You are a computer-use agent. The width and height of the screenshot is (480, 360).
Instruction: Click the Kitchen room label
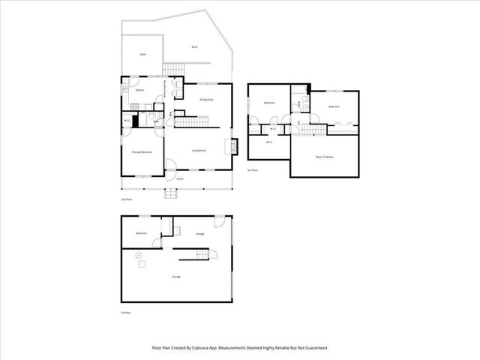[x=139, y=91]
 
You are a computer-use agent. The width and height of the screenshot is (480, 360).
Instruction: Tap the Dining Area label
[x=206, y=99]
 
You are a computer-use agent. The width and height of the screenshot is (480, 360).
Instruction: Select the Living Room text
[x=199, y=151]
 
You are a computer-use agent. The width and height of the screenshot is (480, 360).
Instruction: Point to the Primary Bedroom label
[x=142, y=152]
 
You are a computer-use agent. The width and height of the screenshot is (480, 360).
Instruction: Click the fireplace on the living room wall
[x=233, y=146]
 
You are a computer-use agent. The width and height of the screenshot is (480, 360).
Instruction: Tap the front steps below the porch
[x=172, y=194]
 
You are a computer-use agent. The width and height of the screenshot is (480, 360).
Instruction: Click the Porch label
[x=180, y=179]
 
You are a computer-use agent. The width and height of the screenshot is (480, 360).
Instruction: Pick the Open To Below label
[x=324, y=157]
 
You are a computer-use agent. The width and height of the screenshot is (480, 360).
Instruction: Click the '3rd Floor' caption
[x=253, y=171]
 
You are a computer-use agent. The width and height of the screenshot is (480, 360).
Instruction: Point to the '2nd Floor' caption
[x=127, y=199]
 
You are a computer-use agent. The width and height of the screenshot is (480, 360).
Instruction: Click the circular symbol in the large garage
[x=137, y=256]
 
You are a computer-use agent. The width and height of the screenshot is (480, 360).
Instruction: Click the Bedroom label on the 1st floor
[x=141, y=234]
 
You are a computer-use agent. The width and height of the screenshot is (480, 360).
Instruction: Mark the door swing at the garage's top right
[x=219, y=222]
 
